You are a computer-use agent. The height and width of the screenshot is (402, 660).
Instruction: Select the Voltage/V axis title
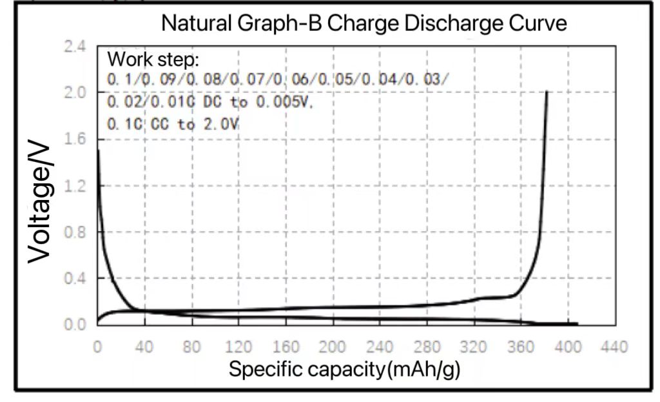pos(39,205)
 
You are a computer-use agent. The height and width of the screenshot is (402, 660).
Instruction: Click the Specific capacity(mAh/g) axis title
pos(345,370)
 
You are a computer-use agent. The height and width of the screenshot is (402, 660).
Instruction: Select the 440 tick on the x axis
pos(614,348)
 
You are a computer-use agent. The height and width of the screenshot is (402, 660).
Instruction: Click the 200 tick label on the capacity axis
pos(333,348)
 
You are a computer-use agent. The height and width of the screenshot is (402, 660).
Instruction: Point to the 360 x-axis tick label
pos(520,348)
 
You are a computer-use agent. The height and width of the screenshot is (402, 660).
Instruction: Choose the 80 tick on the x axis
pos(191,348)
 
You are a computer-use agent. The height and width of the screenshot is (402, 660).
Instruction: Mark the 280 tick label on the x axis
pos(426,348)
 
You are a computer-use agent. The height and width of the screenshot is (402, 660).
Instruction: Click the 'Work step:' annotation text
pos(153,60)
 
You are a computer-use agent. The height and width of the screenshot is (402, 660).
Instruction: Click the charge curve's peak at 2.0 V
pos(547,92)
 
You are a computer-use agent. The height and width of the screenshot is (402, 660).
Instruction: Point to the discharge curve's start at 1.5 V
pos(98,150)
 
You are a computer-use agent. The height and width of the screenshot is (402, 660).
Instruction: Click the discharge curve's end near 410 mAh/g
pos(577,324)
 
